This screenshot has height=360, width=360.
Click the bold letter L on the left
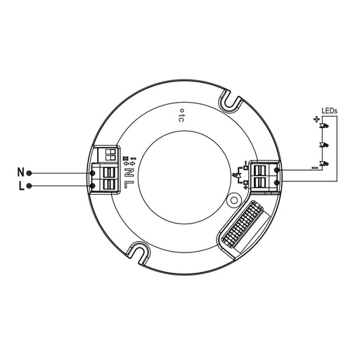pyautogui.click(x=20, y=186)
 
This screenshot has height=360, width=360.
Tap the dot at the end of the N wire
pyautogui.click(x=30, y=172)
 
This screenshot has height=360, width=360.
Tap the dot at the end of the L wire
pyautogui.click(x=30, y=186)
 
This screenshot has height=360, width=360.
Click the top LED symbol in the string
pyautogui.click(x=324, y=127)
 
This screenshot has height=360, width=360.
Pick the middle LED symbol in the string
pyautogui.click(x=324, y=146)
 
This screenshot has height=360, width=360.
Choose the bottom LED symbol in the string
pyautogui.click(x=324, y=165)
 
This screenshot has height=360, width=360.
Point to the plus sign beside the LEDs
pyautogui.click(x=314, y=120)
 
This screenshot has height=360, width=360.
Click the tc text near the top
pyautogui.click(x=180, y=116)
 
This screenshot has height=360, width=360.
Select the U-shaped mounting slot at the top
pyautogui.click(x=230, y=102)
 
